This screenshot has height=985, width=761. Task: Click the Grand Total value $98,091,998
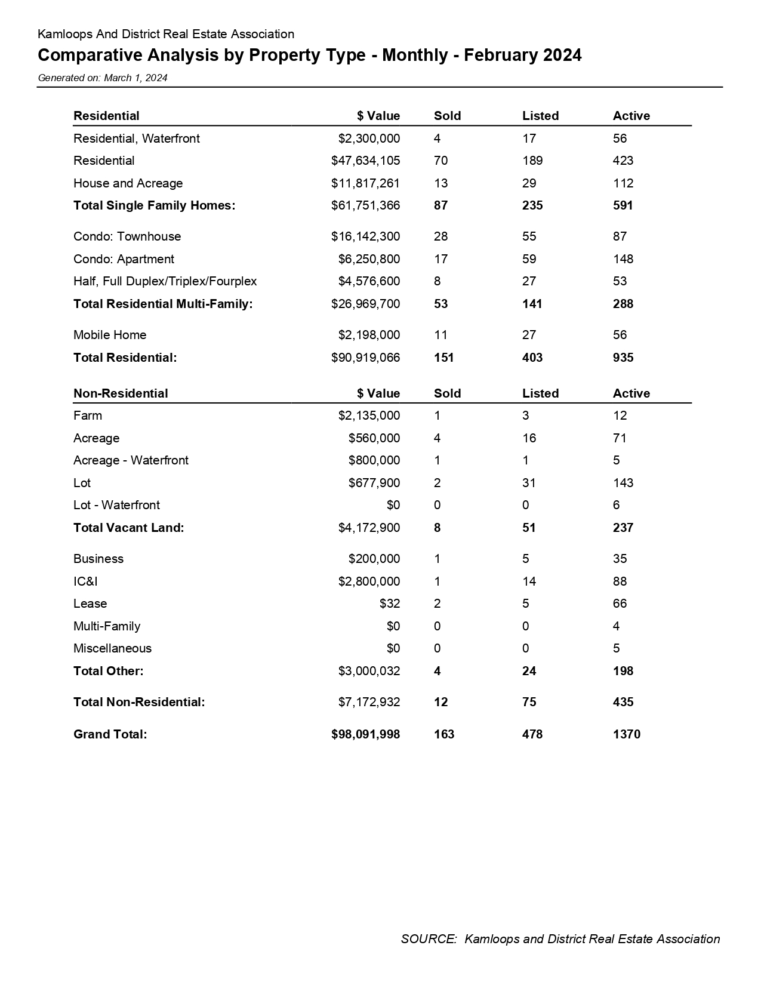click(x=365, y=734)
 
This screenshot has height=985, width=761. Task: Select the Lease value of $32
click(x=390, y=604)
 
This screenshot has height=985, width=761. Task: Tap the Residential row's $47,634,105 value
click(x=365, y=161)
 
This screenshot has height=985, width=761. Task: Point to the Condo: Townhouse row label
click(x=127, y=236)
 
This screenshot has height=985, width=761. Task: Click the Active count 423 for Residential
click(x=623, y=161)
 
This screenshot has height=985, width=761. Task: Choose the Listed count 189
click(x=532, y=161)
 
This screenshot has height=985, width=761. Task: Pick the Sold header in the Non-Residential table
click(x=447, y=393)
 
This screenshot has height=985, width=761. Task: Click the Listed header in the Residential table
click(x=540, y=116)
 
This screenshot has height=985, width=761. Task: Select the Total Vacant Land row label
click(x=128, y=528)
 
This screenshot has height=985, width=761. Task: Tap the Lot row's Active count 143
click(x=623, y=483)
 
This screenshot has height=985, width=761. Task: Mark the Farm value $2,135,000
click(x=369, y=415)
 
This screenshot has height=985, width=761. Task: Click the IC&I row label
click(x=85, y=581)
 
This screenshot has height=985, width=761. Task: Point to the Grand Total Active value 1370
click(x=626, y=734)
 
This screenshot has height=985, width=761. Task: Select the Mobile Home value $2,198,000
click(x=369, y=335)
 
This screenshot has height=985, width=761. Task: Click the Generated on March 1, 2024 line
click(x=102, y=78)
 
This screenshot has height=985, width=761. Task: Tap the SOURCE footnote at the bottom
click(x=560, y=939)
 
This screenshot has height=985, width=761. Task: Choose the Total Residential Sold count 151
click(x=443, y=358)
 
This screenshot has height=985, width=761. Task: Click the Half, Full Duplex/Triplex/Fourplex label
click(x=165, y=281)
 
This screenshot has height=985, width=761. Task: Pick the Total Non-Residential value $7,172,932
click(x=369, y=702)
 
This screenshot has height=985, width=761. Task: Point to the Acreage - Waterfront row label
click(x=131, y=460)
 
